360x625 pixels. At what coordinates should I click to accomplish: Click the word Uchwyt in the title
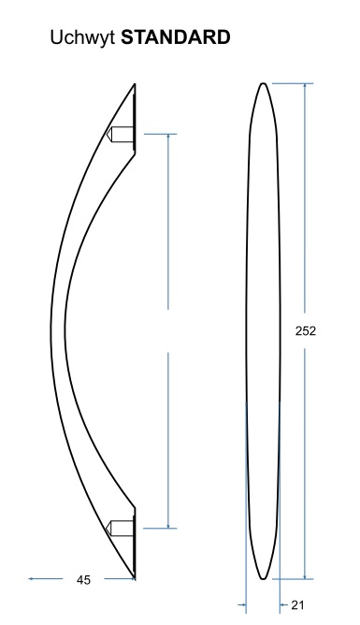point(83,38)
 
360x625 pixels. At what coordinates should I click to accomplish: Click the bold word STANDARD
point(176,37)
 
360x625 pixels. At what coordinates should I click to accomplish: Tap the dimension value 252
point(306,331)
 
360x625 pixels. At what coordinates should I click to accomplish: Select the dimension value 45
point(83,580)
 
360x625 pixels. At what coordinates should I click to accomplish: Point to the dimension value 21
point(297,605)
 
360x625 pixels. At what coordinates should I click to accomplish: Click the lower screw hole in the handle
point(120,528)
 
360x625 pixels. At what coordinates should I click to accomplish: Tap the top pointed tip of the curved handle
point(135,84)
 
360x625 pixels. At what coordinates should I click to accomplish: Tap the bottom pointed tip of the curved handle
point(135,577)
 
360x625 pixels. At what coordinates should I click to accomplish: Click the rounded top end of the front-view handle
point(263,83)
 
